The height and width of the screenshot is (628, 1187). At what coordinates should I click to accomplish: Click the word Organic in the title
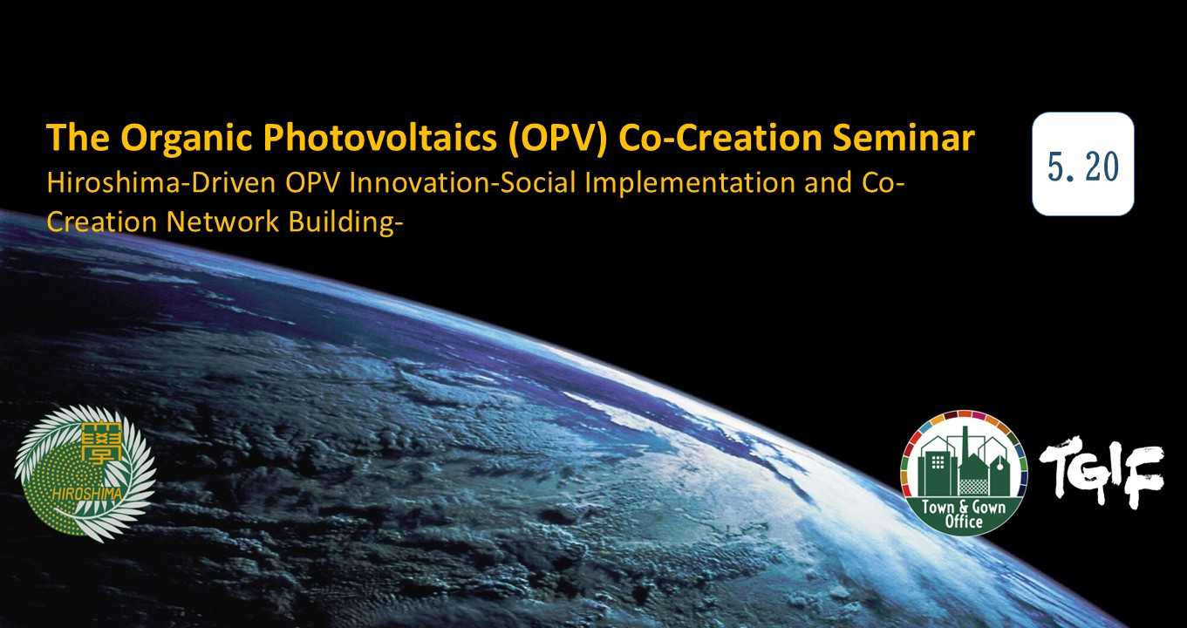[x=187, y=140]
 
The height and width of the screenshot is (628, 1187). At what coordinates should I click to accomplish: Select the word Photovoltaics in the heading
[x=380, y=140]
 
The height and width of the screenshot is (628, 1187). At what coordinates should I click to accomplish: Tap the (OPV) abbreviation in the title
[x=557, y=140]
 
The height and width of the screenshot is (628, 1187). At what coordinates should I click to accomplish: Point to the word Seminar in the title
[x=904, y=138]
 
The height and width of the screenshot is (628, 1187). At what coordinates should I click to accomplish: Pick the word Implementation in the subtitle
[x=690, y=184]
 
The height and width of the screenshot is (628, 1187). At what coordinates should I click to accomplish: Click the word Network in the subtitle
[x=222, y=222]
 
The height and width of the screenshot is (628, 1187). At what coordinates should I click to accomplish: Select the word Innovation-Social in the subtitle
[x=462, y=183]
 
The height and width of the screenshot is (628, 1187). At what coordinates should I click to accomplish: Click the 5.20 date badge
[x=1083, y=164]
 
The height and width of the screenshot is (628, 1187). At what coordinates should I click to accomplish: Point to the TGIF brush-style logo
[x=1102, y=472]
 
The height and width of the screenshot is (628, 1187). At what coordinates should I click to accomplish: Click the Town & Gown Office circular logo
[x=964, y=473]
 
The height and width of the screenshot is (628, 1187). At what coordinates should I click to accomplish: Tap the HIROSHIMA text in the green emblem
[x=87, y=495]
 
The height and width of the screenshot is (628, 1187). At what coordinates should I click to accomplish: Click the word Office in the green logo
[x=964, y=522]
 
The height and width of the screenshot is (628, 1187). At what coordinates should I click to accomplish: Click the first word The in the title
[x=78, y=138]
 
